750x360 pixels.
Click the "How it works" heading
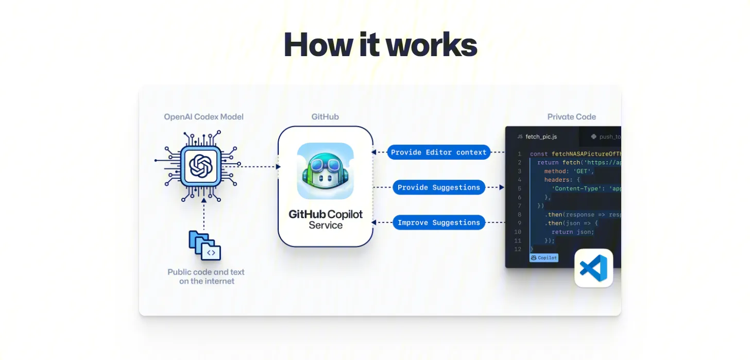tap(380, 44)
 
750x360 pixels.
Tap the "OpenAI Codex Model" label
tap(203, 117)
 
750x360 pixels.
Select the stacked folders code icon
tap(204, 246)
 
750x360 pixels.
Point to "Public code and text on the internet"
tap(206, 277)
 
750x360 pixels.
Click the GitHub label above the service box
tap(325, 117)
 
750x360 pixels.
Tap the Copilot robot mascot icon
tap(325, 171)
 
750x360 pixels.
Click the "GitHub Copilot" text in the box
tap(325, 214)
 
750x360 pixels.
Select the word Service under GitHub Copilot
tap(326, 226)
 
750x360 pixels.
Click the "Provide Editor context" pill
tap(438, 152)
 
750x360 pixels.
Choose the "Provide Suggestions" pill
tap(438, 187)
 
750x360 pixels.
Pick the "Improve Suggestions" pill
tap(438, 222)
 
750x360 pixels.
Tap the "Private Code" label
tap(571, 117)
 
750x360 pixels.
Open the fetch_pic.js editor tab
tap(540, 136)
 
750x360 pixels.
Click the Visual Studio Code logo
tap(593, 268)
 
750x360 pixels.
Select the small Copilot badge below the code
tap(543, 258)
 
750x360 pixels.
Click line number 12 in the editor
tap(518, 249)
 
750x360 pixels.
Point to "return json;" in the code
tap(573, 232)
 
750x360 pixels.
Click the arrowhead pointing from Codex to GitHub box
tap(278, 166)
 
